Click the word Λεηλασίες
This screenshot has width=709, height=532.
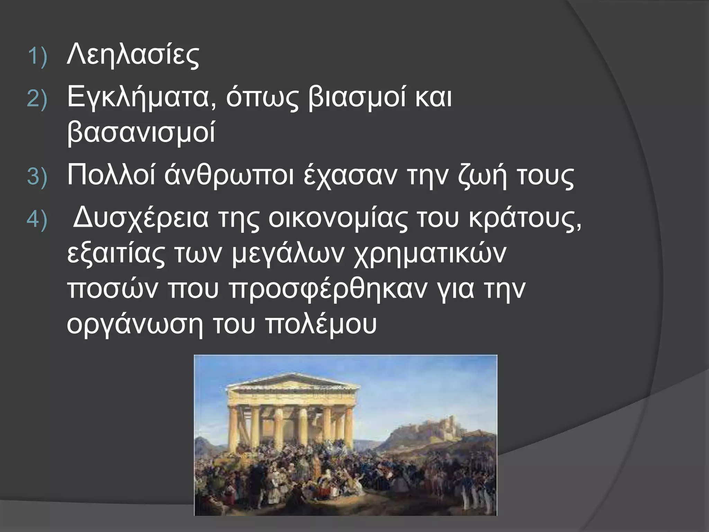(133, 55)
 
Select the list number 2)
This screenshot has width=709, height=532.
(37, 100)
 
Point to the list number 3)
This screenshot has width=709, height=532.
(37, 177)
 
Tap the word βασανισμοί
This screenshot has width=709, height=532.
(141, 133)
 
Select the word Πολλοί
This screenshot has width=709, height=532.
(111, 176)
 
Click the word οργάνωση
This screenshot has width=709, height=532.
(135, 325)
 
